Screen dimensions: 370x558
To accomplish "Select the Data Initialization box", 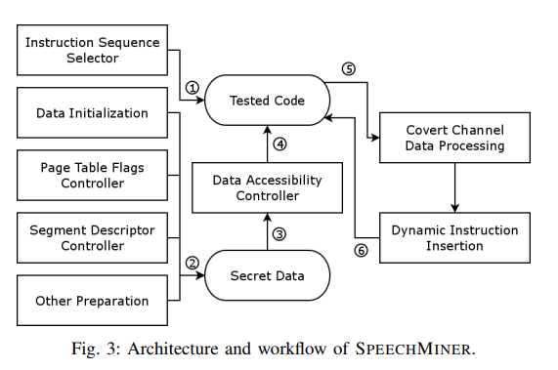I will (92, 113).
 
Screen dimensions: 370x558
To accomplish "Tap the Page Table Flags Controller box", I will (92, 176).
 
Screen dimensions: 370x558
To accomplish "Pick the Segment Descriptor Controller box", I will (92, 238).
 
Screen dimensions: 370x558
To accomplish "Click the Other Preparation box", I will (92, 301).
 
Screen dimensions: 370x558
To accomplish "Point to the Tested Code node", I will (267, 101).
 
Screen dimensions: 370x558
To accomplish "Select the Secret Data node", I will (267, 276).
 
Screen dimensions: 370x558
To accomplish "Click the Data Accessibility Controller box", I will (267, 188).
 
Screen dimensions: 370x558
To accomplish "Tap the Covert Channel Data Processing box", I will (454, 138).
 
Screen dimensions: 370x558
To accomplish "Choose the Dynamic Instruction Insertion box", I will (454, 238).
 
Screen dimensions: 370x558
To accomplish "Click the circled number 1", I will (193, 87).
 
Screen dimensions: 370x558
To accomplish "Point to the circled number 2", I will (193, 263).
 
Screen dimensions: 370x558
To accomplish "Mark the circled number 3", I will (279, 234).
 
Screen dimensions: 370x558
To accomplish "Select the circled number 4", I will (279, 144).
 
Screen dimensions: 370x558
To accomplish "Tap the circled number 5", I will (348, 69).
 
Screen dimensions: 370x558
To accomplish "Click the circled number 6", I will (361, 250).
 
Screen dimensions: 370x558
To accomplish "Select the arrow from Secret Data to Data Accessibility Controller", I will (267, 233).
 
